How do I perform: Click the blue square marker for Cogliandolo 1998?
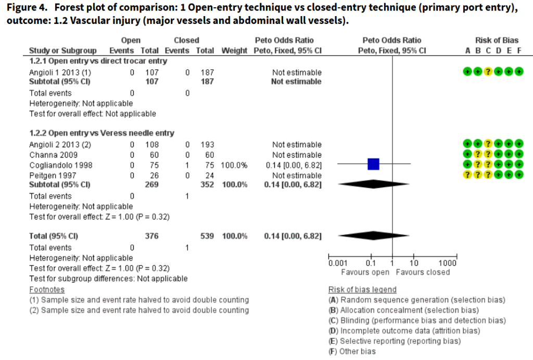(373, 164)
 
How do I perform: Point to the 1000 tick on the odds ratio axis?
(447, 263)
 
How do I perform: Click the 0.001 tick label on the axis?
(338, 263)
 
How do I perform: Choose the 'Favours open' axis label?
(365, 272)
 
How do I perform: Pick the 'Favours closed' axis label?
(423, 272)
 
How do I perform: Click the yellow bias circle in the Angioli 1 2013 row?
(488, 71)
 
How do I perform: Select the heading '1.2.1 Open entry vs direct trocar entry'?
(98, 61)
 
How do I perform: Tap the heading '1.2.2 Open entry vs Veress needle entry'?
(101, 133)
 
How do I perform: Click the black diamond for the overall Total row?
(373, 236)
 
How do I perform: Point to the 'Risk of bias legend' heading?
(362, 289)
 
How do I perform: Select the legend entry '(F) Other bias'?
(352, 352)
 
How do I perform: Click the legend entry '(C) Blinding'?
(417, 320)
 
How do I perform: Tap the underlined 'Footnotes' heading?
(47, 289)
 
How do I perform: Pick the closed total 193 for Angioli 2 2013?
(208, 144)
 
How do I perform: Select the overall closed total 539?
(207, 236)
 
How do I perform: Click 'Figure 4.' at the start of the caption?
(26, 7)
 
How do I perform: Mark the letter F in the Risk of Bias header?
(518, 50)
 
